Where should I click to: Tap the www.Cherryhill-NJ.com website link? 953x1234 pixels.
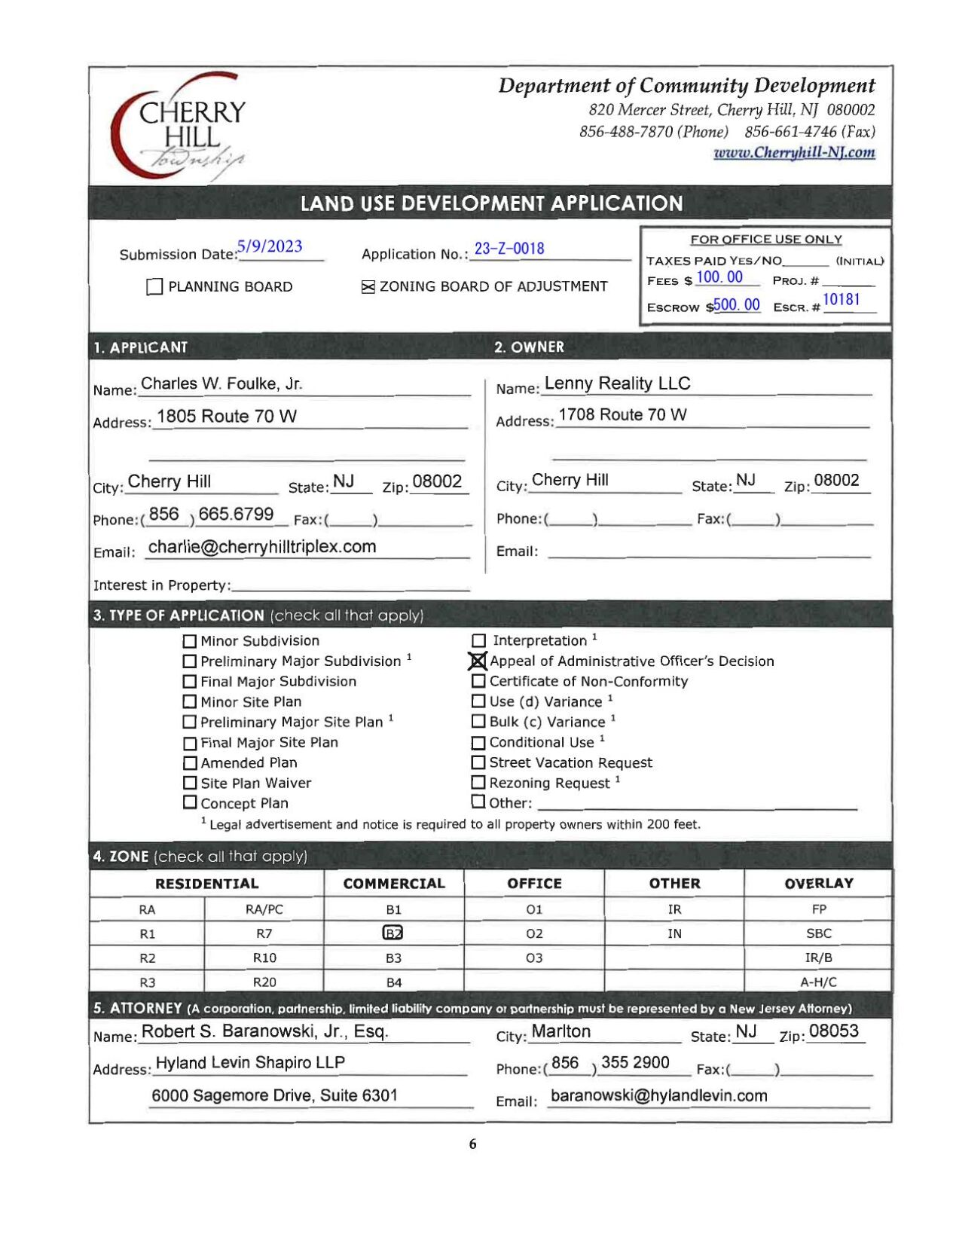point(794,152)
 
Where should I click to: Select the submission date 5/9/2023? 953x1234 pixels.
point(270,246)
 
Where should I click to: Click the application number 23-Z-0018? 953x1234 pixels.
point(509,249)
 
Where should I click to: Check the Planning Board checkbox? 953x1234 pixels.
point(154,287)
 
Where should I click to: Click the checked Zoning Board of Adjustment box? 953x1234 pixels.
point(368,287)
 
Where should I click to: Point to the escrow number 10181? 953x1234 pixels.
point(841,300)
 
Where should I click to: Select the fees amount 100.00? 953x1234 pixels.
point(719,277)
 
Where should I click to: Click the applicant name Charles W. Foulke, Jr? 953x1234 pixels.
point(221,383)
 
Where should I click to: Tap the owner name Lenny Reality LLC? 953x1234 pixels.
point(617,383)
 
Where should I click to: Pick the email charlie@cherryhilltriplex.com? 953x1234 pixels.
point(262,547)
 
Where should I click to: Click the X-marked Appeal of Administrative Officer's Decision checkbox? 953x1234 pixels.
point(478,661)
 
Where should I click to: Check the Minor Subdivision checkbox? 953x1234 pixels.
point(190,641)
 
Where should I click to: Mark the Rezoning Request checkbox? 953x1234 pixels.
point(478,783)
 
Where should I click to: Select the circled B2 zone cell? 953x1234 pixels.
point(393,933)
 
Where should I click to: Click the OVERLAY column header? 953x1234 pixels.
point(818,883)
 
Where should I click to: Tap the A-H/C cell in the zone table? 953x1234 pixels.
point(818,982)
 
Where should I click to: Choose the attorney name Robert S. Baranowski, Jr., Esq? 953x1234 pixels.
point(265,1031)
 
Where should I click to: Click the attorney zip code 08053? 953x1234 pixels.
point(833,1031)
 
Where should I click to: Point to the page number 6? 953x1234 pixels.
point(472,1144)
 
